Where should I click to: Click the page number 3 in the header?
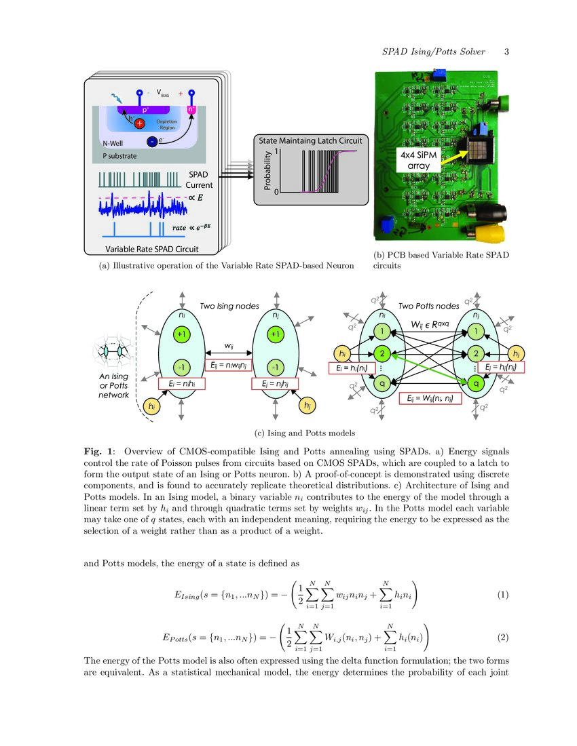(x=506, y=52)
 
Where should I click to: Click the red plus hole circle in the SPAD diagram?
(x=139, y=123)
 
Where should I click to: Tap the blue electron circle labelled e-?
(x=152, y=141)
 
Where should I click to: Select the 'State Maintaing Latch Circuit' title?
(x=310, y=140)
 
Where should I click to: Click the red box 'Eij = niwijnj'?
(x=227, y=365)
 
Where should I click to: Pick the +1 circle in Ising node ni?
(x=181, y=334)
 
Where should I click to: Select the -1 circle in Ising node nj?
(x=275, y=367)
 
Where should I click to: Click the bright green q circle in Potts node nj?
(x=477, y=382)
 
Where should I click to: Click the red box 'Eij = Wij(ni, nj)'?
(x=430, y=399)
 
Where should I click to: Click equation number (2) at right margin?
(x=502, y=637)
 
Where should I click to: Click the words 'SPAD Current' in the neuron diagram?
(x=199, y=180)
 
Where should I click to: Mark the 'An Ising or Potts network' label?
(x=113, y=385)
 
